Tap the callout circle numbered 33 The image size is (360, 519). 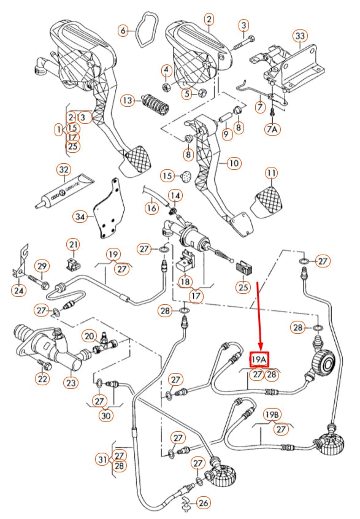[x=299, y=36]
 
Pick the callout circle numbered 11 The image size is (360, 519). [x=271, y=173]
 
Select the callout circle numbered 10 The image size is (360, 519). [x=234, y=164]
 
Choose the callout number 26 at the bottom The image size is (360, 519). [x=204, y=504]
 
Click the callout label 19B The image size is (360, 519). [x=272, y=415]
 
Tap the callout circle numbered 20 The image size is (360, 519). [x=89, y=336]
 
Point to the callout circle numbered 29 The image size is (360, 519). [x=41, y=266]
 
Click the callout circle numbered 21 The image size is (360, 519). [x=74, y=246]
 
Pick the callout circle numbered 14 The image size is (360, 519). [x=175, y=196]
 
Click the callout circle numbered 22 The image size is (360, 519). [x=42, y=380]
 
